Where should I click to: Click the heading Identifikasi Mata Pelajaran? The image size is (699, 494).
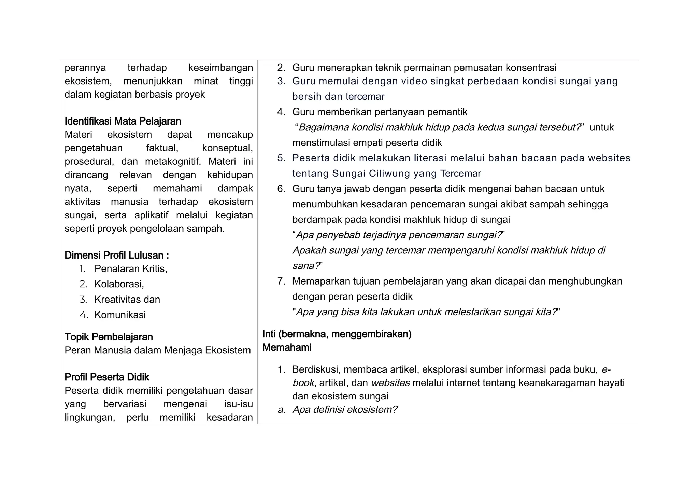[x=123, y=121]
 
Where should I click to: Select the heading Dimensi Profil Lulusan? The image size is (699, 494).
[x=116, y=256]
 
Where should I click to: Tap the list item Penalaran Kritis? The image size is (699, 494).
[x=130, y=269]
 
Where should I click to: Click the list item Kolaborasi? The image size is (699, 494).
[x=119, y=284]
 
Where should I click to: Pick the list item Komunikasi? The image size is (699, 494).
[x=120, y=315]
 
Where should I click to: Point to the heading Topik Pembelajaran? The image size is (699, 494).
[x=109, y=337]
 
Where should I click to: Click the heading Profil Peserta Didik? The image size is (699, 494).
[x=107, y=377]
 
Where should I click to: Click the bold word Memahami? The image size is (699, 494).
[x=287, y=348]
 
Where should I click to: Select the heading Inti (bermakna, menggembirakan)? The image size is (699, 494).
[x=337, y=334]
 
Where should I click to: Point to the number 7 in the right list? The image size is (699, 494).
[x=281, y=281]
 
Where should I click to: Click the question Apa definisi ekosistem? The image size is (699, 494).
[x=345, y=410]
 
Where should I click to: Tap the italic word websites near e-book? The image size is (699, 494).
[x=390, y=383]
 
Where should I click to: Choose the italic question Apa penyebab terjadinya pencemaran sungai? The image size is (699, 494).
[x=399, y=235]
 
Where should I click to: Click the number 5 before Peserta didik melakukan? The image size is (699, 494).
[x=281, y=158]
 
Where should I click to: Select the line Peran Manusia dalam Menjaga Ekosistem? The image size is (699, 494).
[x=157, y=350]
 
